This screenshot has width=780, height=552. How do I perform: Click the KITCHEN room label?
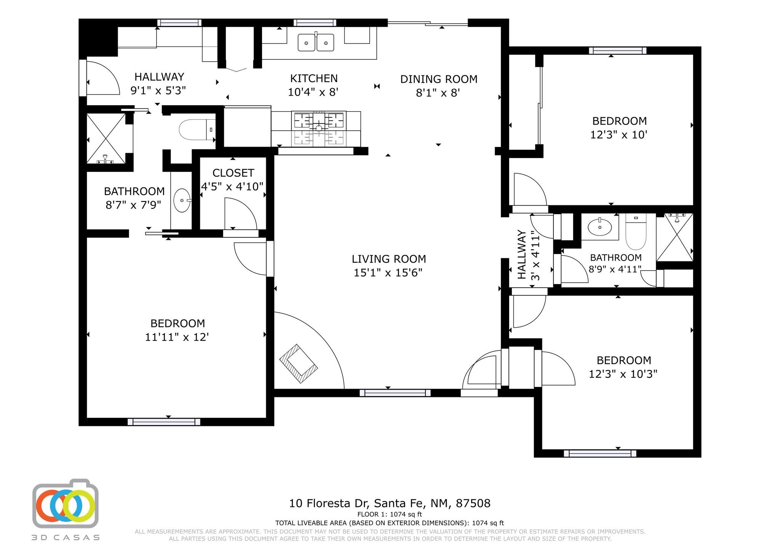coord(314,78)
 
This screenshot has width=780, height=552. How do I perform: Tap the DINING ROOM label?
coord(439,79)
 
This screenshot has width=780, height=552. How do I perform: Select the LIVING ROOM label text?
coord(388,259)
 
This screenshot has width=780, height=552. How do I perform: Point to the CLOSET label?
coord(233,173)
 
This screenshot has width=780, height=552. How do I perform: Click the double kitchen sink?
coord(316,42)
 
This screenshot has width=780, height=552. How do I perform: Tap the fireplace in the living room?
coord(299,363)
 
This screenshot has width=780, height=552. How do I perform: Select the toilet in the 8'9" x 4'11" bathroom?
coord(636,231)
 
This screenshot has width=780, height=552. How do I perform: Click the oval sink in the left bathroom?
coord(182,200)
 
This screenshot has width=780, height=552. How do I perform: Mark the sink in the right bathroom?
coord(600,227)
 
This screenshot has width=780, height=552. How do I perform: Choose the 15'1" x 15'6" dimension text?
coord(388,273)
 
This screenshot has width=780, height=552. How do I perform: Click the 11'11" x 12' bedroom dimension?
coord(177,337)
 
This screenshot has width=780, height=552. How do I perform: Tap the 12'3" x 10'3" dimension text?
coord(623,374)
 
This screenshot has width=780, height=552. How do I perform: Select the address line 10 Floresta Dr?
coord(390,504)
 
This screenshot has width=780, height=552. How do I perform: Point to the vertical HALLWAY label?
coord(522,254)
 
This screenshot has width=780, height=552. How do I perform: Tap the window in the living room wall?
coord(395,393)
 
